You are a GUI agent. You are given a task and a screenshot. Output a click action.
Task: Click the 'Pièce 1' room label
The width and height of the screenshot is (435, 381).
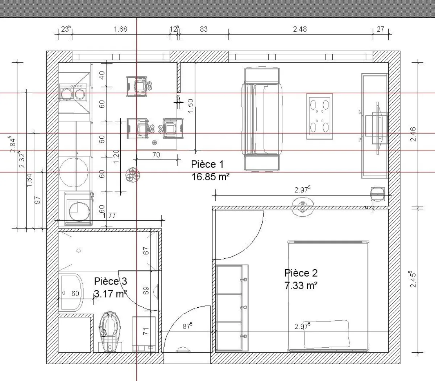coord(207,164)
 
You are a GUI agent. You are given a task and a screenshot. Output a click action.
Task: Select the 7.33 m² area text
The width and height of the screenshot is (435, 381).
coord(301,285)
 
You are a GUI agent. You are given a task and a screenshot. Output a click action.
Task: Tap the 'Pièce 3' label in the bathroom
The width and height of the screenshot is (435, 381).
coord(110,281)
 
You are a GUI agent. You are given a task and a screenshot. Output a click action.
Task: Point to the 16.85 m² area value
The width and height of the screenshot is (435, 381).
coord(211,177)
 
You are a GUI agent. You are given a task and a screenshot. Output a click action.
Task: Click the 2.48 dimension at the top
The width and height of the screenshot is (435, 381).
coord(300,29)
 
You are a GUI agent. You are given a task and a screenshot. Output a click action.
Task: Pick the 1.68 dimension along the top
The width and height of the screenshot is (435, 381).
coord(120,29)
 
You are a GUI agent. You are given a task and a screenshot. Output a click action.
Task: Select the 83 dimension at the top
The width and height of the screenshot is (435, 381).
coord(204,29)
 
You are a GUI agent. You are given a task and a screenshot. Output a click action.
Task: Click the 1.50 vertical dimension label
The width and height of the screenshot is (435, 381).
coord(191,106)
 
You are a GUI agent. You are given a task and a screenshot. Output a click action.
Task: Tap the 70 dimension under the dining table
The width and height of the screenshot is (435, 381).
coord(156,155)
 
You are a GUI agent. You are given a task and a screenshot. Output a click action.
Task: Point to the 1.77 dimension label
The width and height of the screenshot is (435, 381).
coord(109,216)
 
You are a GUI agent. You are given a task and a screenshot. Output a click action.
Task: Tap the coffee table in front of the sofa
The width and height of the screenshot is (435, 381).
coord(319,116)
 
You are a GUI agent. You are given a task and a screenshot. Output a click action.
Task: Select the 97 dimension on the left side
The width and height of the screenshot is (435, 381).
coord(37,200)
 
